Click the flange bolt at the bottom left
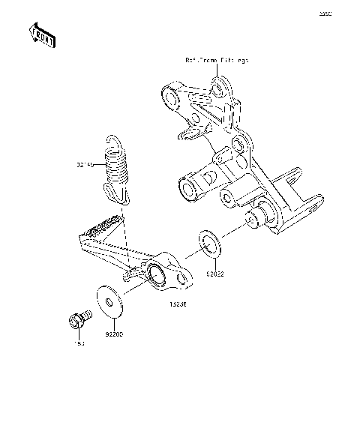76,319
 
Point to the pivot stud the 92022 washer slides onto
256,217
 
